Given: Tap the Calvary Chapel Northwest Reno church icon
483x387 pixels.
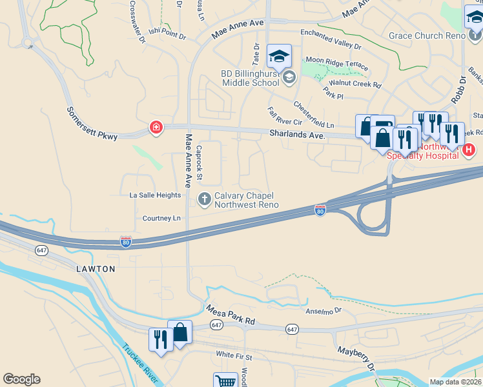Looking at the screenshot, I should click(205, 199).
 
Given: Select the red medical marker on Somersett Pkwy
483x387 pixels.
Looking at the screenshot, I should click(156, 128).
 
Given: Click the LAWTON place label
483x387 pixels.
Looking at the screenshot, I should click(96, 268).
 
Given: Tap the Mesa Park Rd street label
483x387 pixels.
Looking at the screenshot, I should click(231, 315).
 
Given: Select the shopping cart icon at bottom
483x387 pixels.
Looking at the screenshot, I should click(225, 381).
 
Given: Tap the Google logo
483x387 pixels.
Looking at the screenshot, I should click(21, 379).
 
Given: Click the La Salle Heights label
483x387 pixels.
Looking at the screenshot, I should click(156, 195).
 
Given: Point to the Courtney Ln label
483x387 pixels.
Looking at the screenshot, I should click(161, 219).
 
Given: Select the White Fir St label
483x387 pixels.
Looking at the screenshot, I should click(234, 355).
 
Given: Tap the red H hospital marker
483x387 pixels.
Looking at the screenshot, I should click(469, 150).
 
